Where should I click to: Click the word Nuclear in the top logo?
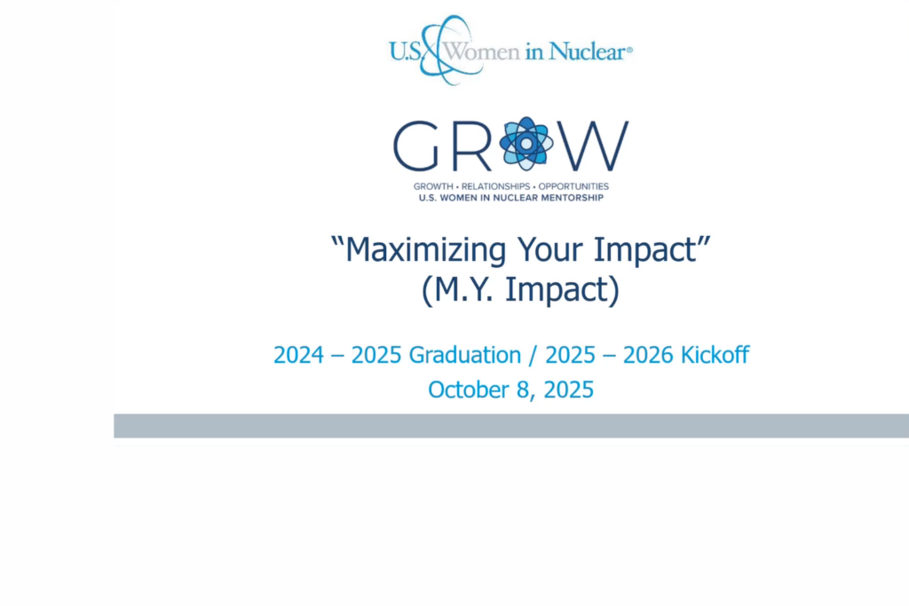[x=587, y=51]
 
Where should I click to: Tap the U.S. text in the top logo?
[x=405, y=51]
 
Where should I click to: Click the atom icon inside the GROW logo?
[x=526, y=144]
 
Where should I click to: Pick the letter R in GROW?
[x=472, y=146]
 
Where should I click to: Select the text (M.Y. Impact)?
[x=520, y=292]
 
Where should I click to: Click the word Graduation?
[x=465, y=355]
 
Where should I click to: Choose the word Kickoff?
[x=715, y=355]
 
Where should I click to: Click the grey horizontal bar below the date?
[x=511, y=426]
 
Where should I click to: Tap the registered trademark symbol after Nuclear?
[x=630, y=51]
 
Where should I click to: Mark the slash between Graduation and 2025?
[x=534, y=355]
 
